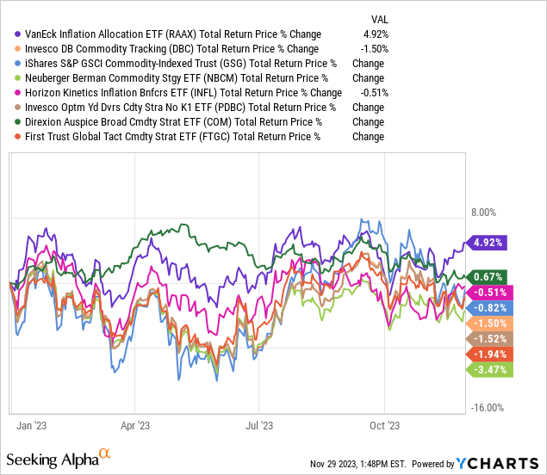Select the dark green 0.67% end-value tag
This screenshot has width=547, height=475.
[488, 276]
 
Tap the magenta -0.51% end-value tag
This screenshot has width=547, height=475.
[488, 293]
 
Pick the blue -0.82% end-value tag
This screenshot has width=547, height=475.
[488, 307]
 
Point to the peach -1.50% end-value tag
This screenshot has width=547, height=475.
[488, 324]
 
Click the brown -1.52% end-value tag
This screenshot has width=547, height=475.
[488, 339]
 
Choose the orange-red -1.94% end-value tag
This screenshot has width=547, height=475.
[488, 355]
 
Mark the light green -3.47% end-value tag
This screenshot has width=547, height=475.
[488, 370]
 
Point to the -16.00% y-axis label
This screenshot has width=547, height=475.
[488, 408]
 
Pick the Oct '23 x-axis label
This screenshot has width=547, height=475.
[384, 424]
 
